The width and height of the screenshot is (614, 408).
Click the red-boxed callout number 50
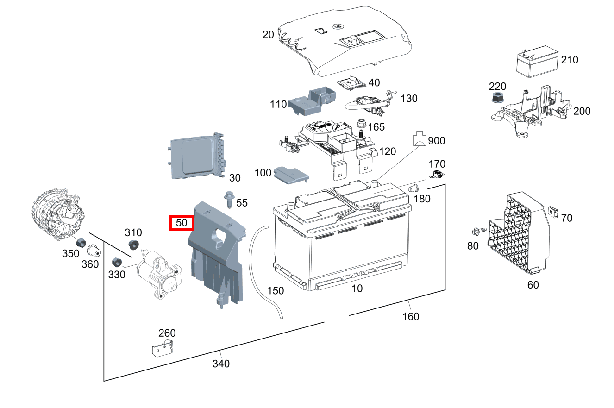[182, 223]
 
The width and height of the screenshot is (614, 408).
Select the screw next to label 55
[229, 200]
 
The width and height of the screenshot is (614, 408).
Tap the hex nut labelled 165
[361, 125]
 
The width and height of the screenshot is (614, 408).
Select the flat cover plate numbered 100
[290, 174]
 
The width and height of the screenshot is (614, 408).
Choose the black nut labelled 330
[117, 262]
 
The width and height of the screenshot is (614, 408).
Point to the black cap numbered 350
[82, 242]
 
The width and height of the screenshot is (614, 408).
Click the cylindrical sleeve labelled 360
[94, 251]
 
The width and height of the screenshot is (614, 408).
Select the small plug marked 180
[414, 188]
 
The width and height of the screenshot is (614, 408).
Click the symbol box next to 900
[419, 138]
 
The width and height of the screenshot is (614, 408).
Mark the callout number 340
[221, 364]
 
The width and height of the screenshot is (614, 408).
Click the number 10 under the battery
[357, 289]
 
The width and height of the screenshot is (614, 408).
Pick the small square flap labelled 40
[351, 83]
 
